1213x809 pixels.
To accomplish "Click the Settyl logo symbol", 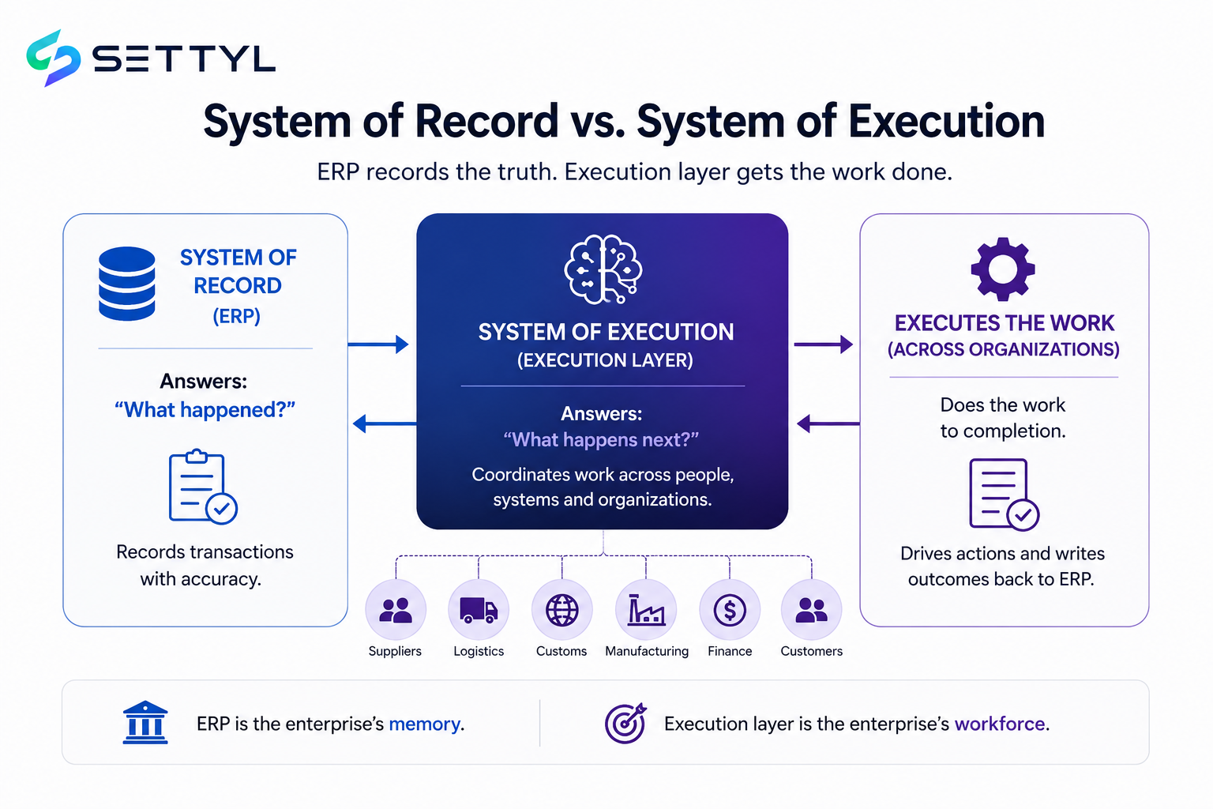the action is [53, 58].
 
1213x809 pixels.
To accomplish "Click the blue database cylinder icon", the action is [126, 284].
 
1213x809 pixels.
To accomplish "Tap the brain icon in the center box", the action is [603, 269].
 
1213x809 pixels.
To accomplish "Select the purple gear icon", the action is [1003, 269].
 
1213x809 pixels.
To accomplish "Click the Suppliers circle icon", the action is [396, 610].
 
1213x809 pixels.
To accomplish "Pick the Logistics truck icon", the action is [479, 610].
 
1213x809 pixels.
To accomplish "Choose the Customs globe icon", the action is [561, 610].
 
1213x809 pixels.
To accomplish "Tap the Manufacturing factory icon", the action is [646, 610].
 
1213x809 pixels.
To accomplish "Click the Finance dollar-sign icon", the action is [730, 610].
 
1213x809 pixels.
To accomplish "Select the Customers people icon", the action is [811, 610].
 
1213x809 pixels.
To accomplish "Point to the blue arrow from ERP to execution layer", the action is [378, 344].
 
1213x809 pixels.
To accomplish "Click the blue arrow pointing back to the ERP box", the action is [385, 423].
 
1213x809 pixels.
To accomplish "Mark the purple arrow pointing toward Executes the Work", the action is [823, 344].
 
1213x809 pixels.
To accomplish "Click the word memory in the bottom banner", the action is [425, 724].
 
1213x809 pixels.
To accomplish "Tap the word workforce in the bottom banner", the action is [1000, 724].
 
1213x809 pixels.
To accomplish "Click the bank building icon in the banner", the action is [145, 722].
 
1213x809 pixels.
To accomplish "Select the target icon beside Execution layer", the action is [625, 724].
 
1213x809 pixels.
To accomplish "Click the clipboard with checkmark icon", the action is [203, 487].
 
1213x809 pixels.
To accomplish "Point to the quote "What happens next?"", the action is [601, 439].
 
